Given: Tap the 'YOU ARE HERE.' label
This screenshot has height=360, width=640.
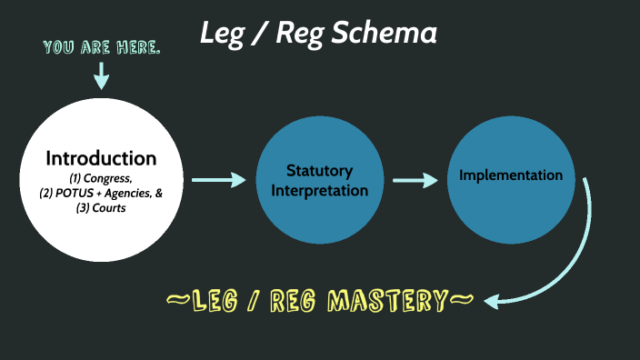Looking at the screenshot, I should click(x=101, y=46).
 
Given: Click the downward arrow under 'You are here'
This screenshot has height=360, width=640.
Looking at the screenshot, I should click(x=100, y=76).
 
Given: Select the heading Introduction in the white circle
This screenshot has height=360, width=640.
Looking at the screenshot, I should click(x=101, y=157).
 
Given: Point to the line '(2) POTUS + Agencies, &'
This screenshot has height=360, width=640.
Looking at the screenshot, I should click(x=101, y=194).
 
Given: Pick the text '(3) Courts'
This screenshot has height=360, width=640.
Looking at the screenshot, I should click(x=101, y=208).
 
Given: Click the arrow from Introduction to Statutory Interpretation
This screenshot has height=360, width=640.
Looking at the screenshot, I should click(x=219, y=180).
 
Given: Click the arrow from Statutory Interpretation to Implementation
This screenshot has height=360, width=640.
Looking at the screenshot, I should click(x=415, y=180).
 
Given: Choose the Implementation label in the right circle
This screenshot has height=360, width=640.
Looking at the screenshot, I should click(x=510, y=175).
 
